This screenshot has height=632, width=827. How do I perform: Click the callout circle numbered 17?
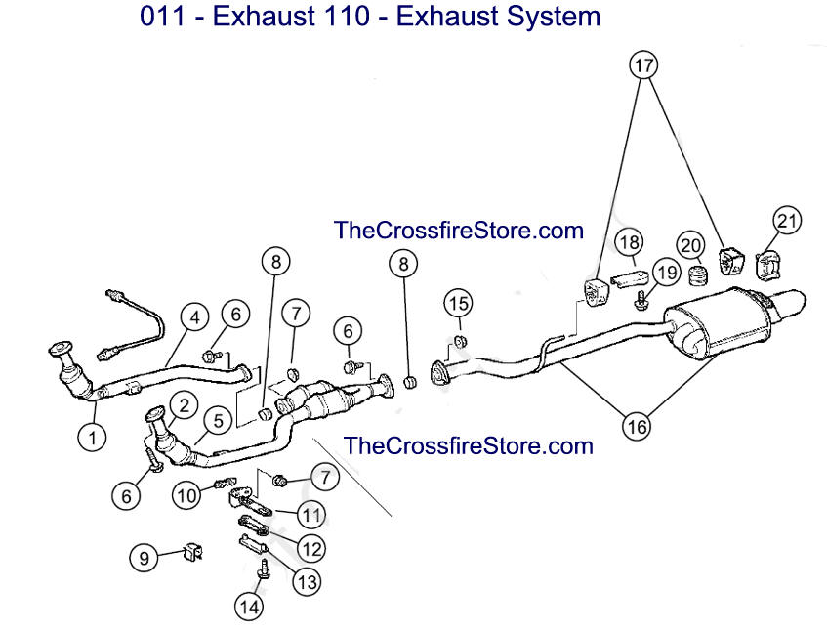pos(642,65)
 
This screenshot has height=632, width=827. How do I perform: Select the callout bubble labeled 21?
pos(787,221)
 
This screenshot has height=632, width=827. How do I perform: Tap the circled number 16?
pos(637,425)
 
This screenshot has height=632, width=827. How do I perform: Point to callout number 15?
pos(459,303)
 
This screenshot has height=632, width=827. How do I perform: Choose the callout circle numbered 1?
pos(93,439)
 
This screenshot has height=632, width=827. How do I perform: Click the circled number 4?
pos(194,317)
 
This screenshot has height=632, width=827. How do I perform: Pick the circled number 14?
pos(249,607)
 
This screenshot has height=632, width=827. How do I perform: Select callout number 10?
pos(187,495)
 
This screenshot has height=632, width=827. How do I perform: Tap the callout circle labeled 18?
pos(629,241)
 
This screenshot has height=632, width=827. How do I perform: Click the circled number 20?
pos(690,244)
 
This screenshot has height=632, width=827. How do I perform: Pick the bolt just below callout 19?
pos(640,301)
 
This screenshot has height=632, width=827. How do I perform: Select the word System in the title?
pos(554,18)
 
